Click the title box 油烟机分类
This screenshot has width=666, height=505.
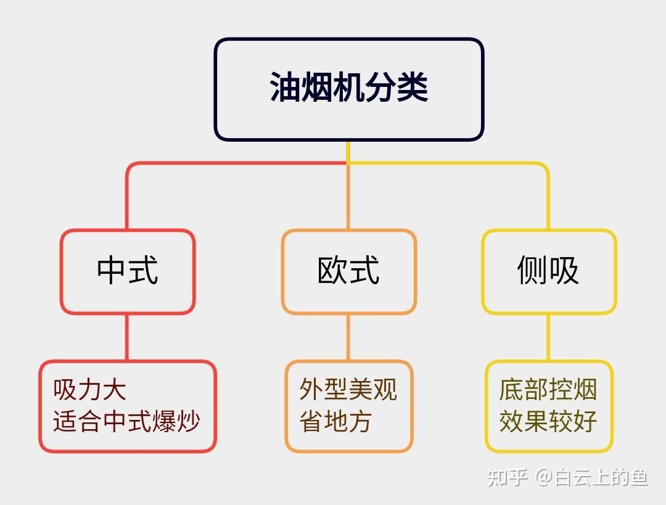(348, 89)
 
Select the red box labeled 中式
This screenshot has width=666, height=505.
(128, 271)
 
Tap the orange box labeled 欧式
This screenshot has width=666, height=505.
(348, 271)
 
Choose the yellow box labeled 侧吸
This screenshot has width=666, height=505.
(548, 271)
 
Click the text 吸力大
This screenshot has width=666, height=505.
(90, 390)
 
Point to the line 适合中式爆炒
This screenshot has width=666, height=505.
(126, 422)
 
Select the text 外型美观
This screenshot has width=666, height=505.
(348, 390)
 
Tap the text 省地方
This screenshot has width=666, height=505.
(336, 422)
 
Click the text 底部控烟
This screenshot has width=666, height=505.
(548, 390)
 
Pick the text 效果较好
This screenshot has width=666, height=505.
(548, 422)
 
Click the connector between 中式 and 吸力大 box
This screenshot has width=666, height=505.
(128, 337)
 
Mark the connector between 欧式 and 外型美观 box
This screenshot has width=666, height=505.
(348, 337)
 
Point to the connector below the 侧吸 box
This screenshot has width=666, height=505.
(548, 337)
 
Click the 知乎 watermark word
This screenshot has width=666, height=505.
(507, 477)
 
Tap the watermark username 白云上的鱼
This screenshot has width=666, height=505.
(601, 477)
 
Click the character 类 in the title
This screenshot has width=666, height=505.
(413, 88)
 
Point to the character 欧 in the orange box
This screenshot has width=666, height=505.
(333, 271)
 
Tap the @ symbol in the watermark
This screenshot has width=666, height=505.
(543, 477)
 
